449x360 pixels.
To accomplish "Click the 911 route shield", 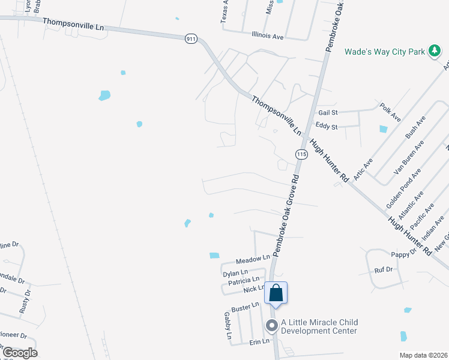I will pyautogui.click(x=191, y=39).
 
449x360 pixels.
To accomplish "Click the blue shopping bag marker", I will pyautogui.click(x=276, y=293).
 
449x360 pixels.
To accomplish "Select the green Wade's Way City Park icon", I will pyautogui.click(x=434, y=52).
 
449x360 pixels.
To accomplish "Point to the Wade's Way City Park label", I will pyautogui.click(x=384, y=52).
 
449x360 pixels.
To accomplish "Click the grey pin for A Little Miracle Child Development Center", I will pyautogui.click(x=271, y=326).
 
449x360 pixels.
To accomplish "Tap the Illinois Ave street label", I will pyautogui.click(x=268, y=36).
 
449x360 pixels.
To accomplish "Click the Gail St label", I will pyautogui.click(x=328, y=112).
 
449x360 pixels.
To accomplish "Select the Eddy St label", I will pyautogui.click(x=327, y=127).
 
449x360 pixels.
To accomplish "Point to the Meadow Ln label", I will pyautogui.click(x=253, y=260).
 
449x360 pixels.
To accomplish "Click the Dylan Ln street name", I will pyautogui.click(x=235, y=273).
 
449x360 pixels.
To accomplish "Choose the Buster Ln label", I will pyautogui.click(x=245, y=306).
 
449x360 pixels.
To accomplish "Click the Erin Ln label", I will pyautogui.click(x=260, y=342).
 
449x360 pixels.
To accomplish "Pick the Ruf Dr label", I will pyautogui.click(x=383, y=270).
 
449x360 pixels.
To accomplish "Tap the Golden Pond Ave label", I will pyautogui.click(x=399, y=191).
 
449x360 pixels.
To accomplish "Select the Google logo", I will pyautogui.click(x=20, y=352).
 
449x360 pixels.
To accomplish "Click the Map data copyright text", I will pyautogui.click(x=423, y=355).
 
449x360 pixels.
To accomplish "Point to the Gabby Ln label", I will pyautogui.click(x=228, y=326).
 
